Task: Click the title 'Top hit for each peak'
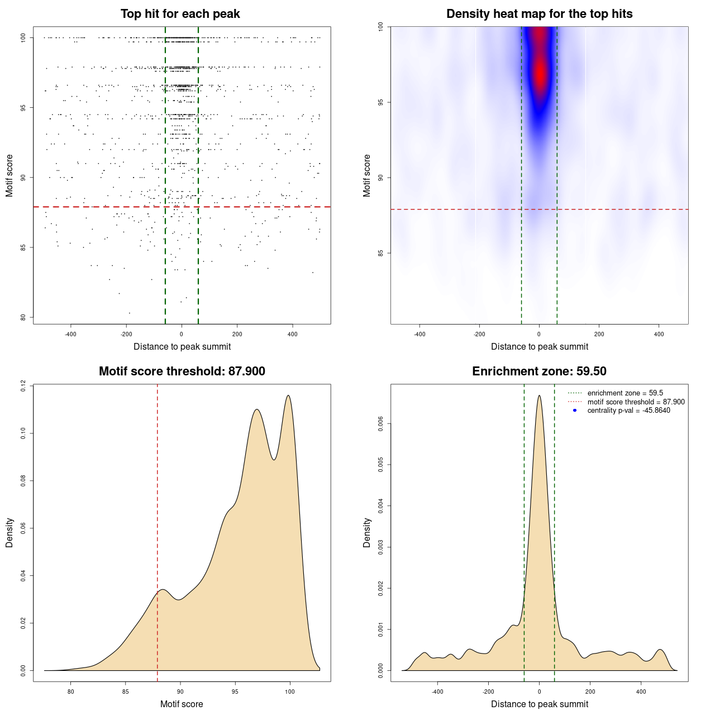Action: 180,14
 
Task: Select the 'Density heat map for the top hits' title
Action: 539,14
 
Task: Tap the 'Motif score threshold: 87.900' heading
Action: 182,371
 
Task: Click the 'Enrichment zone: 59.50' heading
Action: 539,371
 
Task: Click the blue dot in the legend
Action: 575,411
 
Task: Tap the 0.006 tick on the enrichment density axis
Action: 381,424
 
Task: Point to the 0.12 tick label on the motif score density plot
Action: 23,385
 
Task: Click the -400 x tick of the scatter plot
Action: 71,334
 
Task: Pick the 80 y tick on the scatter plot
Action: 23,317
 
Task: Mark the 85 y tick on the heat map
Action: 381,253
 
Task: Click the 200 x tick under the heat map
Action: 599,334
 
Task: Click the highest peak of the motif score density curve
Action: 288,395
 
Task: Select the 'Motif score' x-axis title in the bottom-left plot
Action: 182,704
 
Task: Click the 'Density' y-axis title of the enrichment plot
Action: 367,532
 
